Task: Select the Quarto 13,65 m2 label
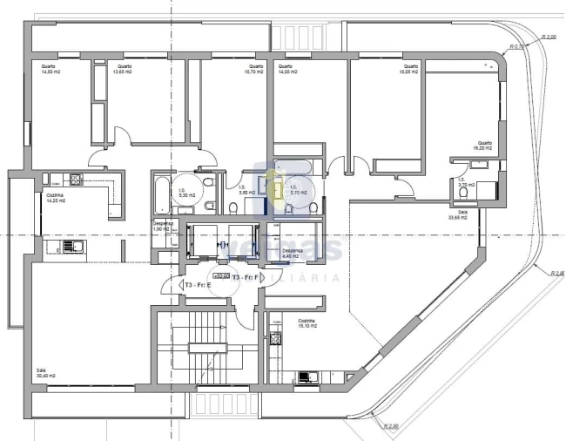pos(123,69)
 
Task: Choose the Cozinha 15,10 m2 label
pos(305,322)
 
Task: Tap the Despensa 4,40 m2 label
pos(292,253)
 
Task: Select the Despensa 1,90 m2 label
pos(163,227)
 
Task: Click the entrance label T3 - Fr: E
pos(197,285)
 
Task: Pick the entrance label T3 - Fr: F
pos(244,277)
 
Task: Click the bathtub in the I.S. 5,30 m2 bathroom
pos(163,193)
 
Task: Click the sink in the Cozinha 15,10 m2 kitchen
pos(306,377)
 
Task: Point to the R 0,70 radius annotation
pos(517,46)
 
